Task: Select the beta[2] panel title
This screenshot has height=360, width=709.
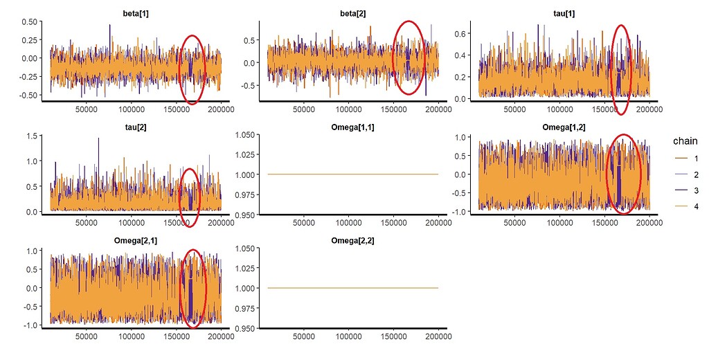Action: tap(352, 13)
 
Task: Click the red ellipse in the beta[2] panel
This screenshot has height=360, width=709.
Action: tap(409, 57)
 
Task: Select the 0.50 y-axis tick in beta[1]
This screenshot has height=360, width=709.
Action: tap(29, 21)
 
